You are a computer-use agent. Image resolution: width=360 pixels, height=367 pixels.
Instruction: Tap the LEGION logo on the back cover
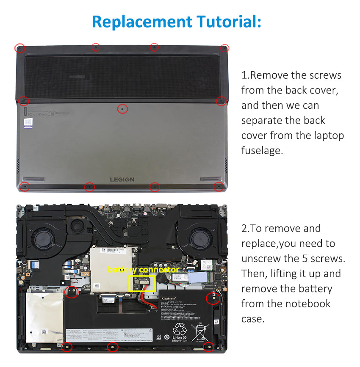click(122, 179)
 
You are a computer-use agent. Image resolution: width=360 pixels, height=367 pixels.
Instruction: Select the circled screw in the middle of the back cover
click(122, 109)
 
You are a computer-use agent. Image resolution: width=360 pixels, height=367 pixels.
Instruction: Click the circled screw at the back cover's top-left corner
click(19, 48)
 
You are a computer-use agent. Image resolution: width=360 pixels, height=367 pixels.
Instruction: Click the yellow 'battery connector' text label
click(143, 270)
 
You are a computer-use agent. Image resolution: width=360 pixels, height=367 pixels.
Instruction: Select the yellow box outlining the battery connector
click(142, 283)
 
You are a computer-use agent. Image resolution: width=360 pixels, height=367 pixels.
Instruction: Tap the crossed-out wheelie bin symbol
click(200, 331)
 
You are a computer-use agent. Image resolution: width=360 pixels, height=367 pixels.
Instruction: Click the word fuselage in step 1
click(261, 150)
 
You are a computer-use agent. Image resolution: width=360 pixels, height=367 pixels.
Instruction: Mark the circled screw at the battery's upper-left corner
click(72, 291)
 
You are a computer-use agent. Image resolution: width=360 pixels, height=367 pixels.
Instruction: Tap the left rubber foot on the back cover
click(34, 179)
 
